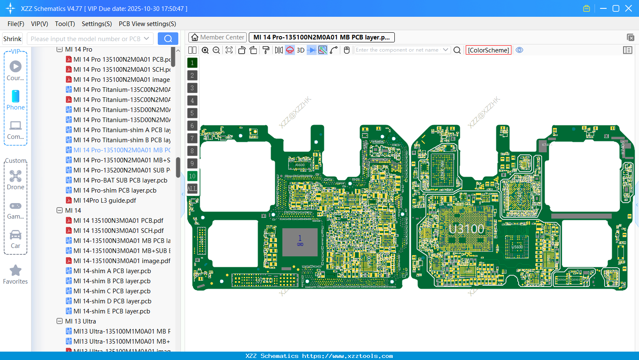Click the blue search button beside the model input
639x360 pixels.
click(x=168, y=39)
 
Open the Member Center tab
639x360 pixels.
click(x=217, y=37)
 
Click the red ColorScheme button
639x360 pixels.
click(x=488, y=50)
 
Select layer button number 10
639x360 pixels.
click(x=192, y=176)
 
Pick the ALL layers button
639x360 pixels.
click(x=192, y=189)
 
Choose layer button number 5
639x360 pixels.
click(x=192, y=113)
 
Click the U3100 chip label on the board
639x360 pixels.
click(x=466, y=229)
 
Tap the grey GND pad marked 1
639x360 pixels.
click(x=300, y=242)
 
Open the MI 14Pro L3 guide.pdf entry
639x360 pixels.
click(x=104, y=201)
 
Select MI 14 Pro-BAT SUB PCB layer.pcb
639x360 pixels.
click(x=120, y=180)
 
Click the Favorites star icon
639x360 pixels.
click(x=16, y=271)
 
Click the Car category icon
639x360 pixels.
click(x=16, y=235)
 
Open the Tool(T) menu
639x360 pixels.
click(x=65, y=24)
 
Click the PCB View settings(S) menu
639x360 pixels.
click(x=147, y=24)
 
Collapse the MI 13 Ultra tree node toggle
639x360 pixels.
click(x=60, y=321)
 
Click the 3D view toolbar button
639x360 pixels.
click(x=300, y=50)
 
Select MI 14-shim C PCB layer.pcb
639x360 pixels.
click(x=112, y=291)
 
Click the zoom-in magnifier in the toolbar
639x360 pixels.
click(x=205, y=50)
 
